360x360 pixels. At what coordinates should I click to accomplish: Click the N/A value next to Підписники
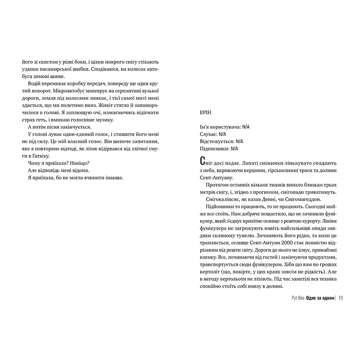237,148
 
